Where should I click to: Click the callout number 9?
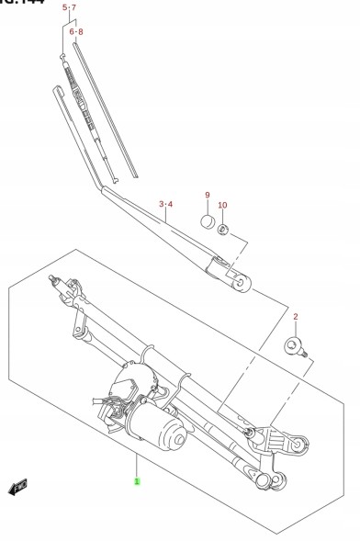click(208, 195)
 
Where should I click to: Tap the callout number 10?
click(222, 205)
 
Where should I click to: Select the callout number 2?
click(296, 317)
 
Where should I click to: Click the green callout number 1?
click(137, 480)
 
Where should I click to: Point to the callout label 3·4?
click(165, 203)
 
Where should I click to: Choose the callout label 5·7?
click(70, 7)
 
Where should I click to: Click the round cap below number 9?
click(208, 221)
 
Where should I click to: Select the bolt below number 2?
click(294, 346)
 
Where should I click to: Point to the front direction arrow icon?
click(17, 486)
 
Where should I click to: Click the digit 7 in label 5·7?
click(74, 7)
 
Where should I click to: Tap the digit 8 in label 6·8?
click(80, 31)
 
